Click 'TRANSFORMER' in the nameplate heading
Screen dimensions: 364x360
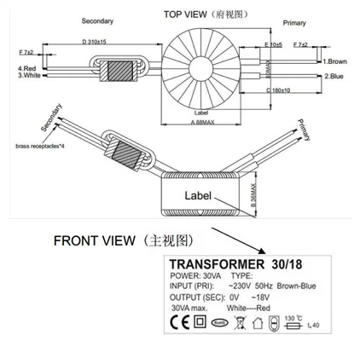[x=212, y=263]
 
